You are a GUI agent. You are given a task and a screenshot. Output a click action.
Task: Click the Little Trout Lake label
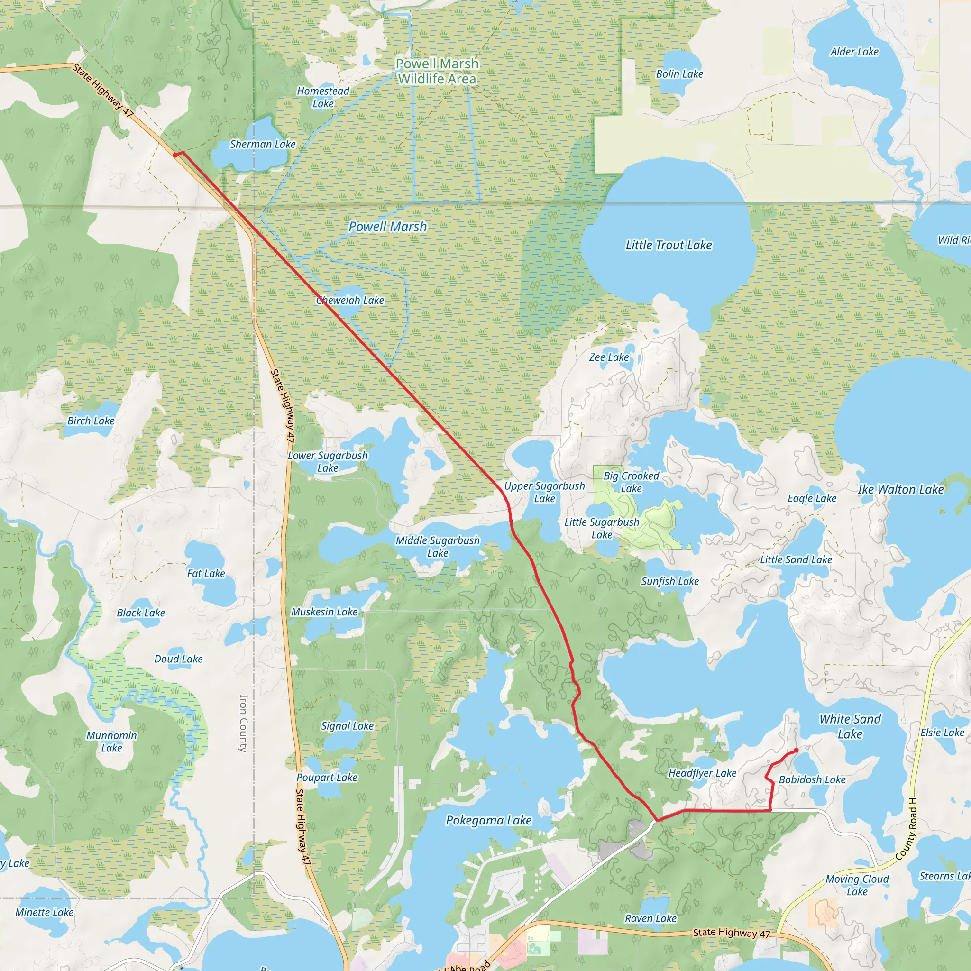click(x=669, y=245)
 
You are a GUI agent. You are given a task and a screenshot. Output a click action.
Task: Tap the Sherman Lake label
click(x=262, y=144)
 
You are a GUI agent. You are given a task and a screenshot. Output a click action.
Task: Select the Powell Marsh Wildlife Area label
click(x=437, y=72)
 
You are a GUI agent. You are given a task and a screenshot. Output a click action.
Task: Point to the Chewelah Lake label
click(x=350, y=301)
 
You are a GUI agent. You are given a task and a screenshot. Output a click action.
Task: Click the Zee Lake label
click(x=609, y=357)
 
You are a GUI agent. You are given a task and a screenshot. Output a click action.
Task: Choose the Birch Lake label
click(x=91, y=421)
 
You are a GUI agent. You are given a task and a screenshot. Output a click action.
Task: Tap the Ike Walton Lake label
click(x=901, y=489)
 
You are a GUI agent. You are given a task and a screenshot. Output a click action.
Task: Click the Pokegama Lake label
click(x=488, y=821)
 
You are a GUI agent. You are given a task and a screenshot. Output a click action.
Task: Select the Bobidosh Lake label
click(x=812, y=780)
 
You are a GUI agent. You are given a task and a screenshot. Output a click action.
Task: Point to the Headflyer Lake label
click(x=702, y=773)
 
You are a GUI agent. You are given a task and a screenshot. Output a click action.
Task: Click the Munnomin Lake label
click(x=111, y=742)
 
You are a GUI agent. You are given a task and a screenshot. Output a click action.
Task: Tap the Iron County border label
click(x=243, y=723)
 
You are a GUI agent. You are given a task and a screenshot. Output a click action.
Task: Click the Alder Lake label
click(x=854, y=52)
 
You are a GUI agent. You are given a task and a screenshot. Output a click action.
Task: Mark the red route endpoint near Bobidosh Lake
click(x=796, y=751)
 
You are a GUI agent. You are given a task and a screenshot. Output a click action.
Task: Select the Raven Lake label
click(x=650, y=919)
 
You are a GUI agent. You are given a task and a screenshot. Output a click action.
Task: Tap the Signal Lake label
click(x=347, y=726)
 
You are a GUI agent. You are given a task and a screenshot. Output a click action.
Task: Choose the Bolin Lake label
click(x=679, y=74)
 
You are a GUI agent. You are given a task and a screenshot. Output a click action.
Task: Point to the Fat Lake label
click(x=206, y=574)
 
